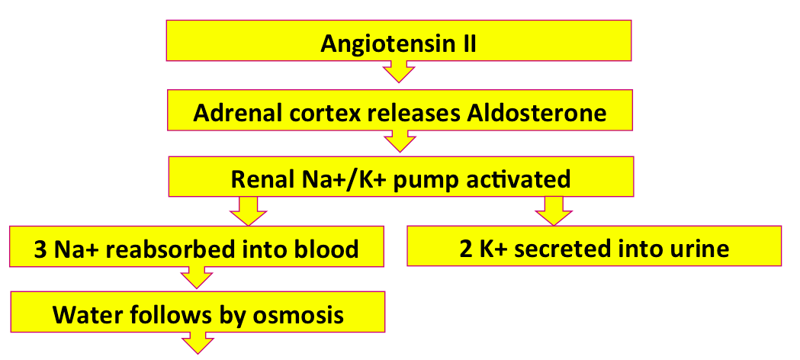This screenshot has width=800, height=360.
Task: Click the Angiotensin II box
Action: click(x=398, y=40)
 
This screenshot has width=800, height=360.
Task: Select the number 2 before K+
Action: click(x=466, y=249)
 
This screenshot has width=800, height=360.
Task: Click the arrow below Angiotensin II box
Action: click(x=399, y=71)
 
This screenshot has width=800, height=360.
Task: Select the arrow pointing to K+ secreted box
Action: click(x=554, y=211)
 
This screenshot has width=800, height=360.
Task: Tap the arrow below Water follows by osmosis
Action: click(x=197, y=342)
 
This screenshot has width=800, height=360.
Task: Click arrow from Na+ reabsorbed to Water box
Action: click(x=197, y=278)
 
